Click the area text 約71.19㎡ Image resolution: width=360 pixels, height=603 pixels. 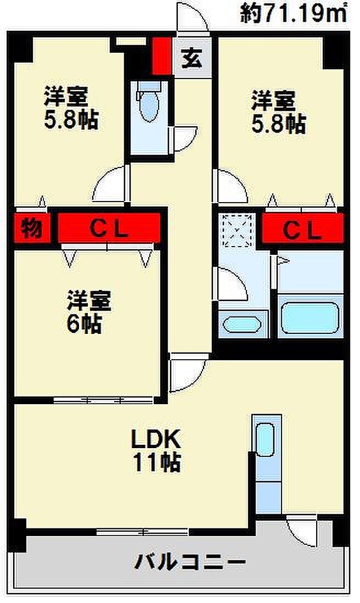(x=294, y=13)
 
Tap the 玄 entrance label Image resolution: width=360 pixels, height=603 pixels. (x=192, y=57)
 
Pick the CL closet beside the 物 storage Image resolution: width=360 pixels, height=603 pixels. (x=109, y=228)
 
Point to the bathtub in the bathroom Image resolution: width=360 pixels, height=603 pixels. (x=311, y=317)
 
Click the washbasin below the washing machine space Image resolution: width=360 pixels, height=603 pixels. (x=242, y=325)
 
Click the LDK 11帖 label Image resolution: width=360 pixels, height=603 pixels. (x=156, y=451)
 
